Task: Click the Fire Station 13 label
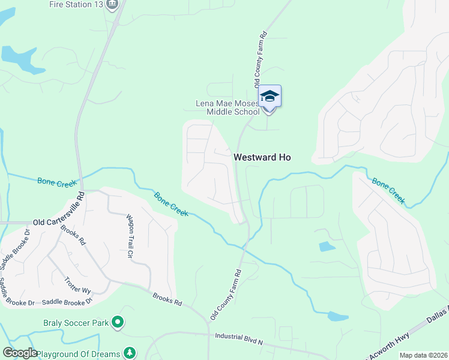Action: click(x=75, y=5)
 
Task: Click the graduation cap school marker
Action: click(x=270, y=96)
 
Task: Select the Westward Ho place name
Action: click(x=262, y=157)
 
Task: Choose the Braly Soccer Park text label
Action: click(x=76, y=323)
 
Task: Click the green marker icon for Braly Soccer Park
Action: click(x=118, y=323)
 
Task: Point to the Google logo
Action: click(x=20, y=353)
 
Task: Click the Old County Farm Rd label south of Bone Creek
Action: click(x=226, y=294)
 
